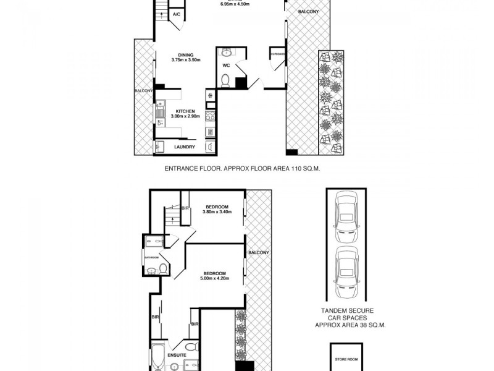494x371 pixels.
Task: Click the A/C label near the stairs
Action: tap(176, 14)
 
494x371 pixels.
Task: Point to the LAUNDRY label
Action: tap(185, 147)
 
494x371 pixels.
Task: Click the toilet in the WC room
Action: tap(226, 80)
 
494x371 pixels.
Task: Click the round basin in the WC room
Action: tap(226, 52)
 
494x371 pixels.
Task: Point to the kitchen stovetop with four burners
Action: tap(210, 114)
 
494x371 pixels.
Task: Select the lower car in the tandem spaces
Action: tap(345, 270)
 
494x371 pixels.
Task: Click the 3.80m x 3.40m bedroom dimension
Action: tap(217, 212)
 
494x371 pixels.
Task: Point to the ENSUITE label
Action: tap(177, 355)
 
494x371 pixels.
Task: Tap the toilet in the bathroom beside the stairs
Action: tap(164, 268)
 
